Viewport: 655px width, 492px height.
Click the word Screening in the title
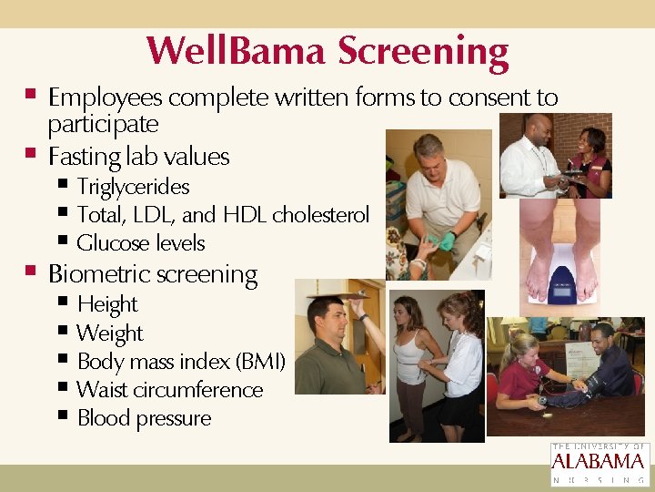[423, 52]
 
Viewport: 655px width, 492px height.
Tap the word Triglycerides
[133, 187]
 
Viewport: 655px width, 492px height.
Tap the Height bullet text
[107, 304]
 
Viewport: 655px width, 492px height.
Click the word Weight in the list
[110, 333]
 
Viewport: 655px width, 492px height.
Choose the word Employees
[106, 97]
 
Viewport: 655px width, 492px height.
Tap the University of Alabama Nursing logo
[600, 464]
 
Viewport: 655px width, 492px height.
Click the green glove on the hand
[448, 241]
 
